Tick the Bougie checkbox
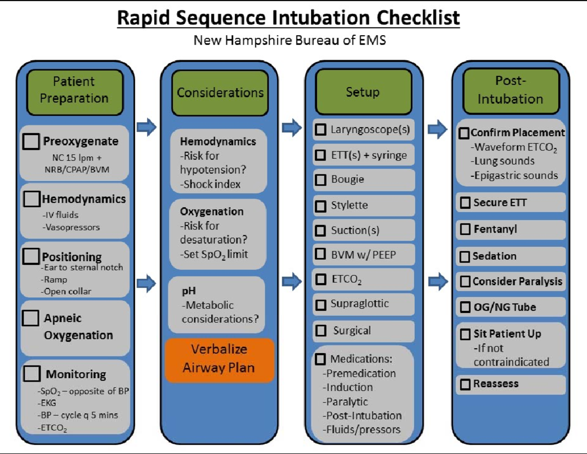tap(320, 179)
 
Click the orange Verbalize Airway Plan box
tap(219, 359)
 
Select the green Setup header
tap(362, 92)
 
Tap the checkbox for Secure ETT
tap(464, 202)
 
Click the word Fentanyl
tap(495, 229)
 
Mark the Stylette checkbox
tap(320, 205)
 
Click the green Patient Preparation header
tap(74, 90)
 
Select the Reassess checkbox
tap(464, 384)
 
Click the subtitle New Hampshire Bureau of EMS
tap(290, 40)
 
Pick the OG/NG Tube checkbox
tap(464, 308)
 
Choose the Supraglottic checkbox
tap(320, 304)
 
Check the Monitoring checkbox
tap(31, 374)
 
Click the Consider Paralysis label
tap(517, 282)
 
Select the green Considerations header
tap(220, 93)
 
